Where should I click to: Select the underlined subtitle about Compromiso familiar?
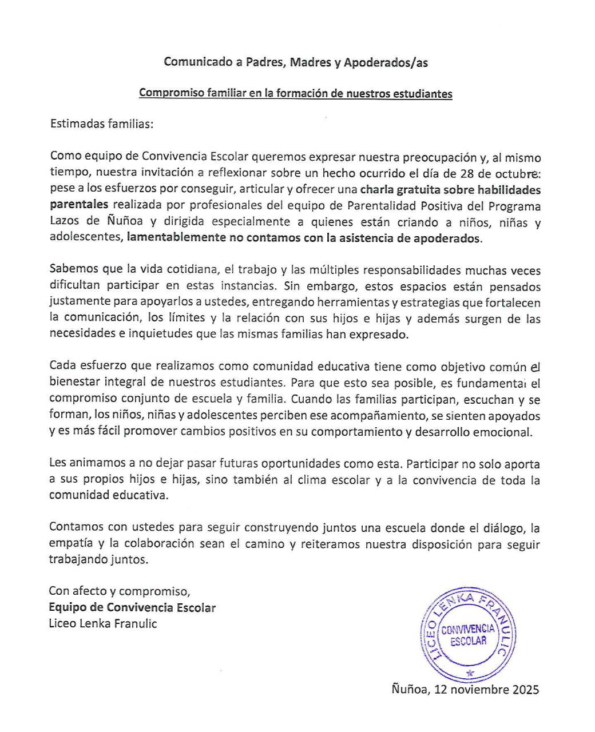click(295, 93)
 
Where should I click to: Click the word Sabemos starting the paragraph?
click(73, 269)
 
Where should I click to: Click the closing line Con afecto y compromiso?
click(119, 591)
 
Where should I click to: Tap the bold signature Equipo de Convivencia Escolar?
click(132, 607)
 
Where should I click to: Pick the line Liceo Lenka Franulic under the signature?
click(103, 623)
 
